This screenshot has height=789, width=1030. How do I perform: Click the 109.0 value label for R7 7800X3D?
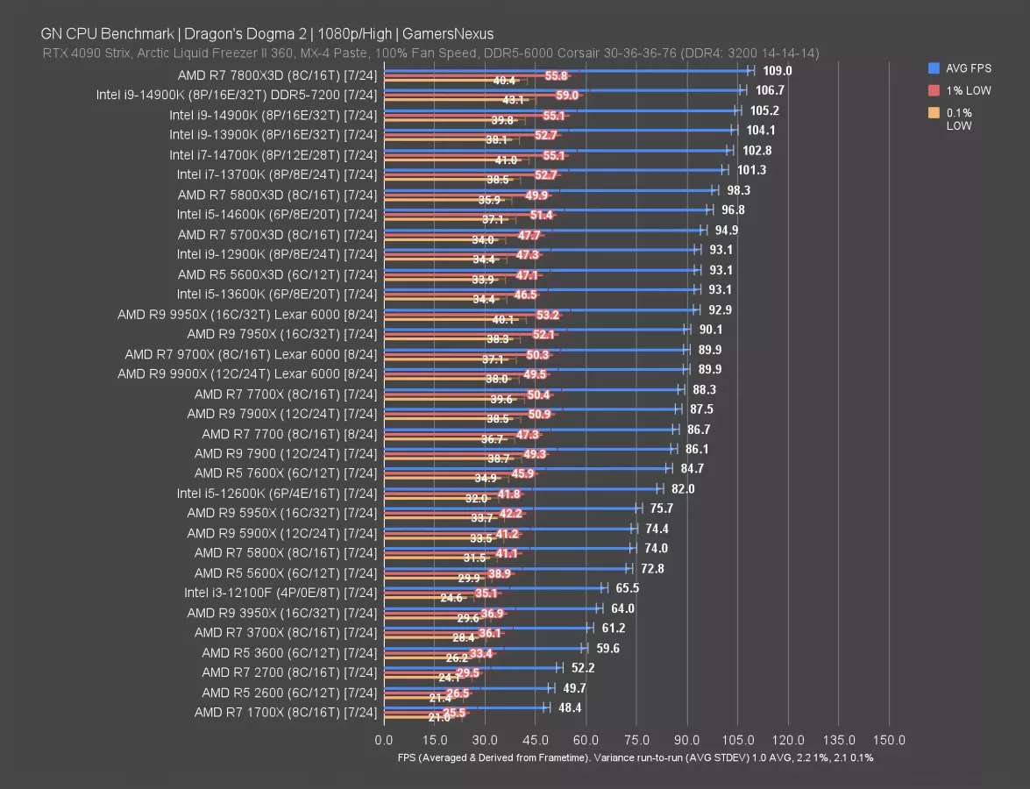[778, 71]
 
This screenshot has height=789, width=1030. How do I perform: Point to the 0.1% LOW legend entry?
[960, 118]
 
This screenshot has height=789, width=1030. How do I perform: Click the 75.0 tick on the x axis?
[637, 740]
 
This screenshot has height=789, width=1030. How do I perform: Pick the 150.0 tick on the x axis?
[890, 740]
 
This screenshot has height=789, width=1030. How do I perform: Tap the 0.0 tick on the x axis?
[384, 740]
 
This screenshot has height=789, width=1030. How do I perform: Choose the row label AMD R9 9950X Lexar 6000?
[247, 314]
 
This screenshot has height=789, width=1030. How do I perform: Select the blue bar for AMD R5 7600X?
[526, 468]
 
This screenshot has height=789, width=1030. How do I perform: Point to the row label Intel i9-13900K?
[273, 135]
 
